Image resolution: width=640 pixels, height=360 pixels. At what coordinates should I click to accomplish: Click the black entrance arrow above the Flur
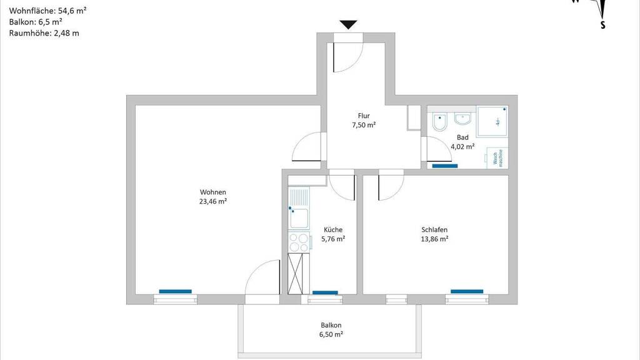348,25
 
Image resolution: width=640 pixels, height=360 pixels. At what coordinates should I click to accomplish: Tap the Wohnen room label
213,192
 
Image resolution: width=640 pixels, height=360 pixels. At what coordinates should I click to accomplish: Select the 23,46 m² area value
213,201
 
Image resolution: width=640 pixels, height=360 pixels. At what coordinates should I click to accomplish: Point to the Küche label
333,229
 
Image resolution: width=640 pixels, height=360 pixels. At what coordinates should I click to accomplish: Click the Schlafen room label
434,229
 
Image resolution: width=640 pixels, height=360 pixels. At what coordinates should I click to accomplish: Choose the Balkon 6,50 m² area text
331,334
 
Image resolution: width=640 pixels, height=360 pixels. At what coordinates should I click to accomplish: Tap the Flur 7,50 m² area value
364,125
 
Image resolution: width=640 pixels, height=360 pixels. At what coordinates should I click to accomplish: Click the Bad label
462,137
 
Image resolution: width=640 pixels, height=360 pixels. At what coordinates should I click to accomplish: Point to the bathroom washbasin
462,119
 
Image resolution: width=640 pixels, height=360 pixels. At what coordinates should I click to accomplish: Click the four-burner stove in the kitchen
299,242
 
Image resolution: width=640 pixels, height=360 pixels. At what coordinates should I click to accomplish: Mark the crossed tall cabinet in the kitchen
298,273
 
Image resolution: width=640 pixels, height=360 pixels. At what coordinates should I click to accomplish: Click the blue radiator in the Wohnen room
175,291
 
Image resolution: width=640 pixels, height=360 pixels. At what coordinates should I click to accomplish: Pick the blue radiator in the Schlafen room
467,291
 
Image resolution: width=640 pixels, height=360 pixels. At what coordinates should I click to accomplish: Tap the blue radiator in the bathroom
445,166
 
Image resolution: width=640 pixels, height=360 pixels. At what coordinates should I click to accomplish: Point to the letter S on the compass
602,26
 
